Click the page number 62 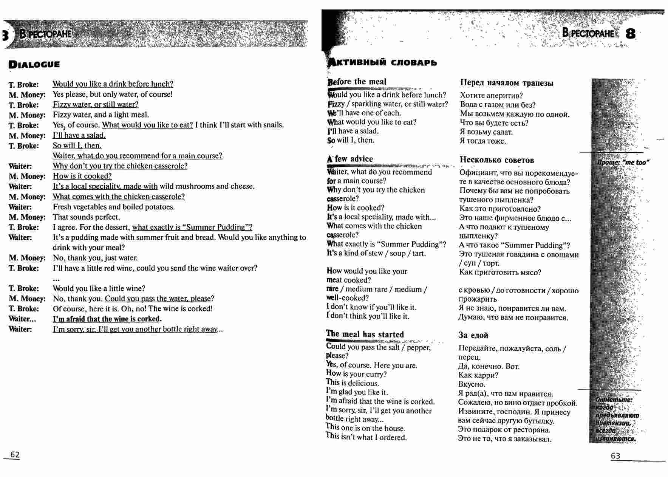pyautogui.click(x=15, y=455)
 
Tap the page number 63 pyautogui.click(x=615, y=456)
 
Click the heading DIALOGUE pyautogui.click(x=34, y=64)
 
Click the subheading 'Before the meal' pyautogui.click(x=357, y=82)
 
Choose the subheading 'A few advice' pyautogui.click(x=350, y=159)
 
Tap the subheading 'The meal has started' pyautogui.click(x=365, y=335)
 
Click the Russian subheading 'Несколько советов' pyautogui.click(x=497, y=160)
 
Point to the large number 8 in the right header pyautogui.click(x=630, y=34)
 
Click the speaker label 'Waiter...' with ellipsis pyautogui.click(x=22, y=319)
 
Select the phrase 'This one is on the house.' pyautogui.click(x=365, y=428)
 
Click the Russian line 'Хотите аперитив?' pyautogui.click(x=491, y=96)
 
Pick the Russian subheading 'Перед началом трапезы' pyautogui.click(x=507, y=83)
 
